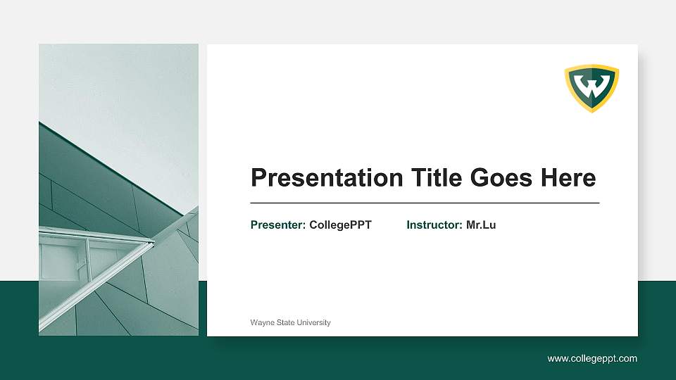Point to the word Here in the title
pos(568,178)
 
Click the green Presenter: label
pos(278,225)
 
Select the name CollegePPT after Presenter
pos(340,225)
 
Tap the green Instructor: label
pos(434,225)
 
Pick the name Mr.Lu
pos(481,225)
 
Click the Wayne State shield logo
pos(591,88)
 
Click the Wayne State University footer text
pos(290,322)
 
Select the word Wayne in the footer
pos(261,322)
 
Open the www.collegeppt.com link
pos(592,359)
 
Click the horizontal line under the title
pos(425,203)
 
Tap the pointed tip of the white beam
pos(153,243)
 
